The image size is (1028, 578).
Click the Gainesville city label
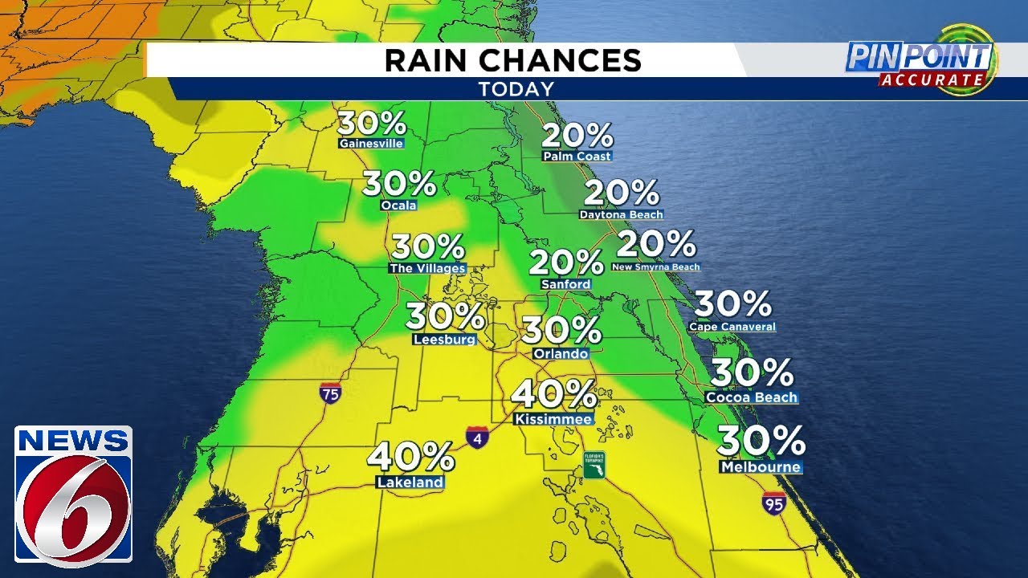point(370,144)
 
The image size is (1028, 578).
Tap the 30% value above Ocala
point(399,185)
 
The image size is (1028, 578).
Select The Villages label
point(426,268)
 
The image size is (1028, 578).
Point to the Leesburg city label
point(444,340)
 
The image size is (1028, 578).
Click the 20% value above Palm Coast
point(577,135)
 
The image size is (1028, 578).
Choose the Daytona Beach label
point(621,214)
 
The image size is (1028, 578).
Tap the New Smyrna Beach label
point(655,267)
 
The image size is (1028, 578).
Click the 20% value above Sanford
point(566,263)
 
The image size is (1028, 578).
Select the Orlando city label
point(561,353)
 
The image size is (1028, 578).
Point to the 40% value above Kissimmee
point(554,394)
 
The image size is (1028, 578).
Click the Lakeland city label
point(410,482)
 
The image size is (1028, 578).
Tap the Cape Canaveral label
point(732,327)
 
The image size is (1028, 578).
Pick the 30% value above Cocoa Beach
point(752,372)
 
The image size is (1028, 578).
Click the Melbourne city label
point(760,467)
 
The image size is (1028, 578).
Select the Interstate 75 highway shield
point(330,393)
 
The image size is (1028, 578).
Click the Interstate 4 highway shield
point(475,436)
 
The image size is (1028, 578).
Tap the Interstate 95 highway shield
point(773,503)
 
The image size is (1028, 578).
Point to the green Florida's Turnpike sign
point(594,465)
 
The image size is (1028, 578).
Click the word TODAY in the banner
point(516,89)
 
